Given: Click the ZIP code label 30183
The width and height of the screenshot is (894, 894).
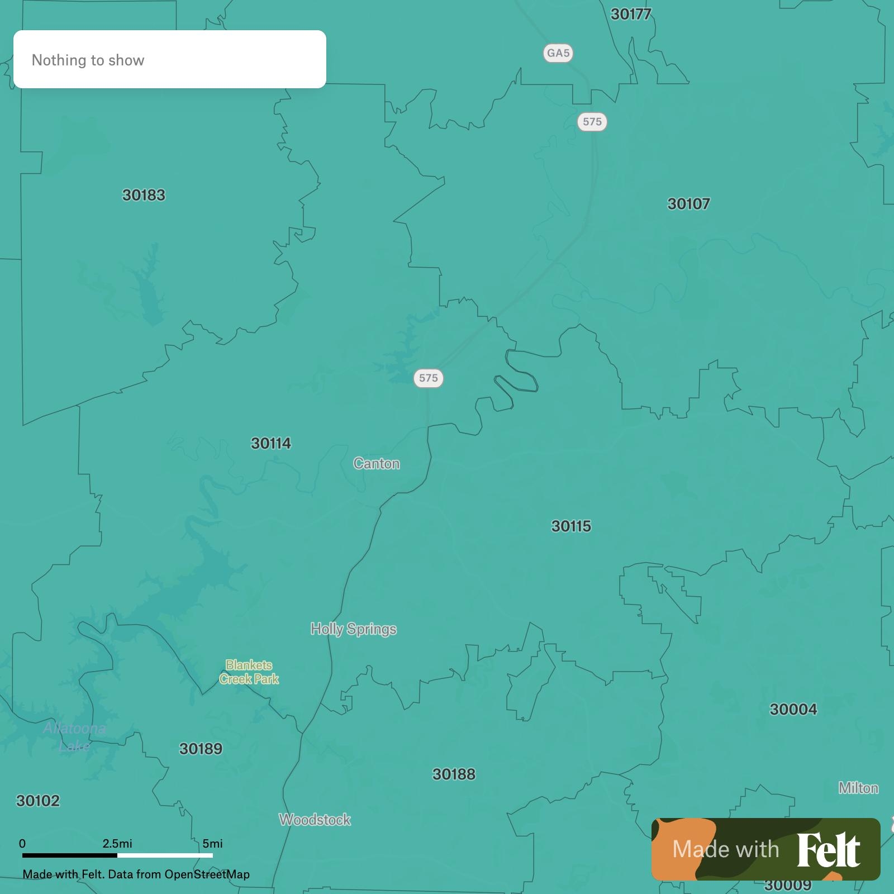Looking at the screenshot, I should pos(144,195).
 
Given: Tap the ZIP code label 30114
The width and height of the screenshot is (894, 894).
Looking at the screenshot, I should pos(271,444).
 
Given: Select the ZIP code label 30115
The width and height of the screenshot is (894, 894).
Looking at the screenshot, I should pos(571,526).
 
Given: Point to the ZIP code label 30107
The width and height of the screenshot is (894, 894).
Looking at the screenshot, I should pos(688,204).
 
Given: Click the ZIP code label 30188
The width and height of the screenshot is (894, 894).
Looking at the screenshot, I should pos(454,774).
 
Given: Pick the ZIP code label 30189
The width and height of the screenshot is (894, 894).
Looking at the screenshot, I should pos(201,749).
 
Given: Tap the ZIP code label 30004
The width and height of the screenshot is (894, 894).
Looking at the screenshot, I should pos(793,710).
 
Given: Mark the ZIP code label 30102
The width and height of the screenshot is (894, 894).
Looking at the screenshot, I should pos(38,801).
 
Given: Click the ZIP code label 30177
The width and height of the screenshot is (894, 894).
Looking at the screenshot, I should pos(631,15).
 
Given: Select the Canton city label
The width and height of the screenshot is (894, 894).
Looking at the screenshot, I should pos(377,464).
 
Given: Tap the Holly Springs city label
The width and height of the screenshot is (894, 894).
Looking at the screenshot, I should pos(354,629).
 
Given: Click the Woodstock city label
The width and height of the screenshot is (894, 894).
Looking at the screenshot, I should pos(315,820).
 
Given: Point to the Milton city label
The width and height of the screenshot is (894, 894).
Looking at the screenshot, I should pos(858,788).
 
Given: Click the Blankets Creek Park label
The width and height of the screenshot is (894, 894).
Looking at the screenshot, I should pos(249,672).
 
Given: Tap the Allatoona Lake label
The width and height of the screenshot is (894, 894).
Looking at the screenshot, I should pos(74,737).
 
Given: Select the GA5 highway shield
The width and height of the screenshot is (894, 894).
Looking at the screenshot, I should pos(558,53).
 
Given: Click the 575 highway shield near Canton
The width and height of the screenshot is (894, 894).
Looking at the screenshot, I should pos(429,378).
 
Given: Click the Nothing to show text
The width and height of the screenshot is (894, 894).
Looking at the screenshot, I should pos(88,60).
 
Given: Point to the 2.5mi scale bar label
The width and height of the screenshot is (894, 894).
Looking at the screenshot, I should pos(117,843).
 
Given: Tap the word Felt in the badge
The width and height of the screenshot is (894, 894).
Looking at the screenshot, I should pos(828,850).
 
